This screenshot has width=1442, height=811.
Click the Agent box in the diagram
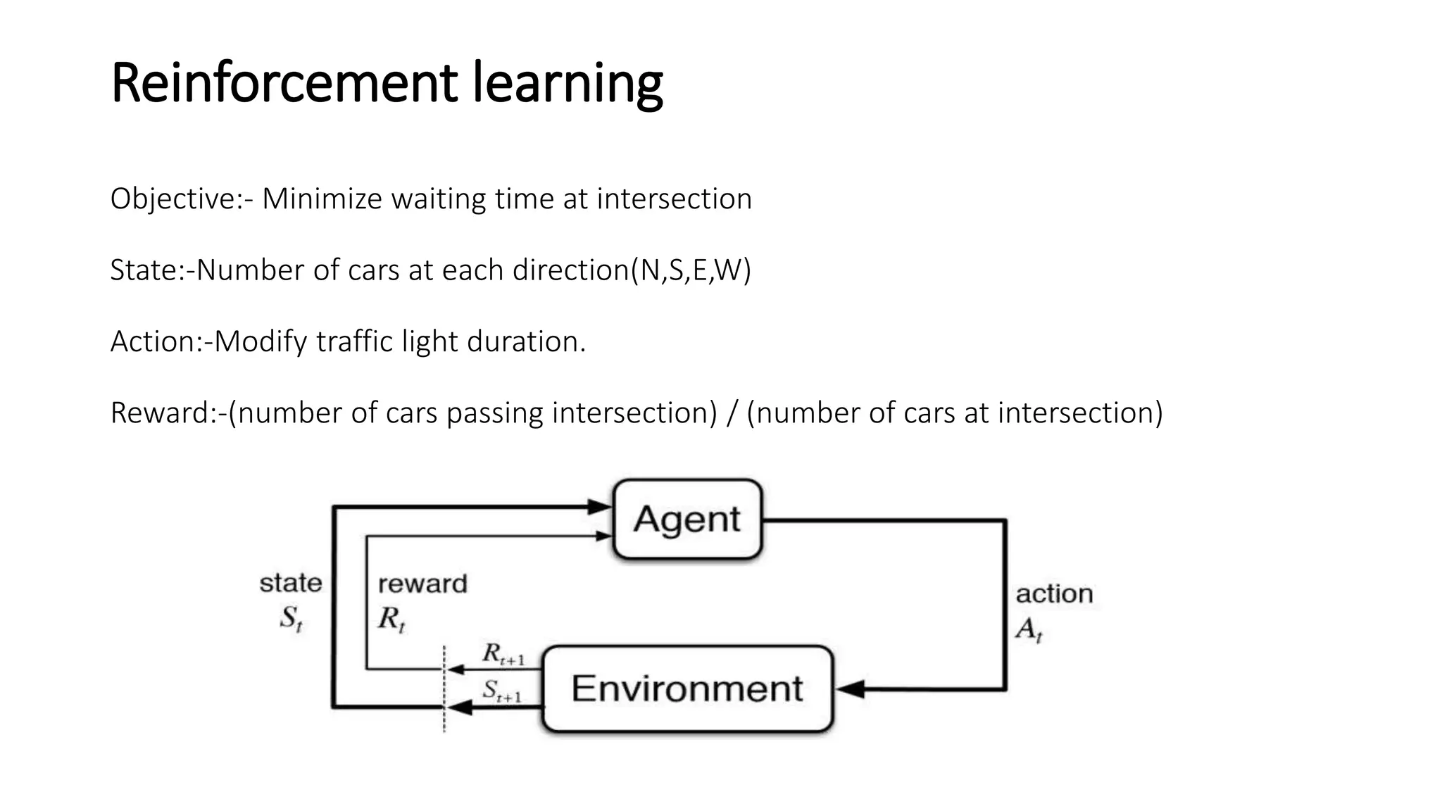point(687,520)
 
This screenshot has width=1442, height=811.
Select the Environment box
point(687,689)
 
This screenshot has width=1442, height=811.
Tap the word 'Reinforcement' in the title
point(284,83)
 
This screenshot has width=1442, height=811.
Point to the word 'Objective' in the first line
point(173,199)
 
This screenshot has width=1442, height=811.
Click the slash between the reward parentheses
point(732,413)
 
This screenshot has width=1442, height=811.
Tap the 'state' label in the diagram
point(291,583)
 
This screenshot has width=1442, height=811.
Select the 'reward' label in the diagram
point(422,584)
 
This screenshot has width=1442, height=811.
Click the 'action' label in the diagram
point(1054,593)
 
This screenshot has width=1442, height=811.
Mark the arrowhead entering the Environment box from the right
point(850,689)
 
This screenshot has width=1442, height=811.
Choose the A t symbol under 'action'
point(1029,629)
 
